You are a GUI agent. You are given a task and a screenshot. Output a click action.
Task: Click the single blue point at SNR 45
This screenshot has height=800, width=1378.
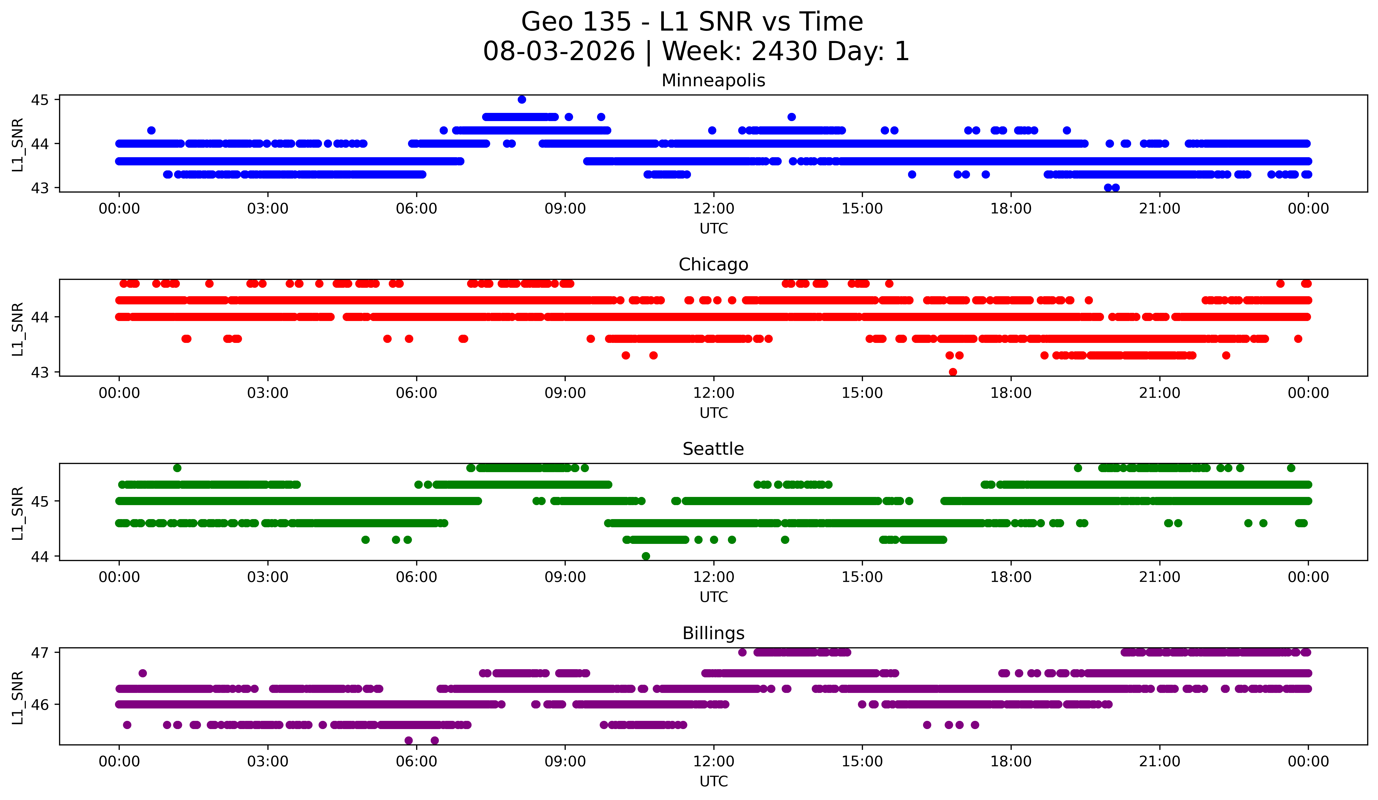tap(522, 99)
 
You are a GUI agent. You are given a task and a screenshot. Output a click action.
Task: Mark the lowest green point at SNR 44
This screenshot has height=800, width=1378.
tap(646, 556)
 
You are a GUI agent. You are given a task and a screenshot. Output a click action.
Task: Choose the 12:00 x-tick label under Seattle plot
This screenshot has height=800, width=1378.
tap(714, 577)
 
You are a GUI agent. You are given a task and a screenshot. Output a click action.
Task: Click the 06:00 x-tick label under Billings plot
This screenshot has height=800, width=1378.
tap(417, 761)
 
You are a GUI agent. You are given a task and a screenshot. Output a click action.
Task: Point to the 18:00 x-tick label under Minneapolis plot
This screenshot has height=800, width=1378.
tap(1011, 208)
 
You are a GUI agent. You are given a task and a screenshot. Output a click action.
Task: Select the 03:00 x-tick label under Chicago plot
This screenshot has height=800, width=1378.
tap(268, 393)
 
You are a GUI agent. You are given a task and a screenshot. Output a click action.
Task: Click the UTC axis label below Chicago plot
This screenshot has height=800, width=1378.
tap(714, 413)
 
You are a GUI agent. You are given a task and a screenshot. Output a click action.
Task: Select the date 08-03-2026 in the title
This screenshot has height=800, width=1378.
tap(559, 51)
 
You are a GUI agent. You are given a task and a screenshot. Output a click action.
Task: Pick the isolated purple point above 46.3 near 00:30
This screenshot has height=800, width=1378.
tap(143, 673)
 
